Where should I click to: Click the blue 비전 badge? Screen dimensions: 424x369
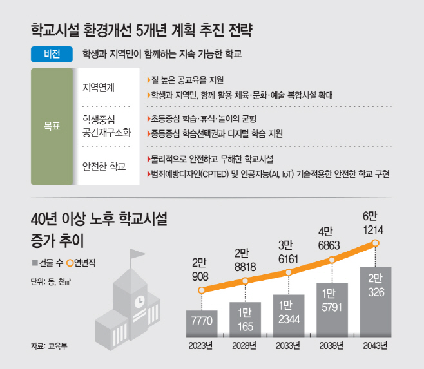[x=52, y=54]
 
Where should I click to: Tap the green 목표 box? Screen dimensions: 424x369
[x=52, y=126]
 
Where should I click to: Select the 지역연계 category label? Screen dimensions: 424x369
[x=99, y=88]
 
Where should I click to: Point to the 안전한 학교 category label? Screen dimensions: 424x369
[x=104, y=166]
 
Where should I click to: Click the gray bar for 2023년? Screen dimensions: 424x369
[x=202, y=323]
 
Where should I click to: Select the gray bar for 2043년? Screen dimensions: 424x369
[x=376, y=302]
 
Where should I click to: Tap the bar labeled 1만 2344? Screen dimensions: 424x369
[x=289, y=316]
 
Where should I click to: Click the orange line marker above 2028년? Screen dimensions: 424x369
[x=245, y=281]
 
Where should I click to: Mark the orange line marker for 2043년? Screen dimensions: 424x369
[x=375, y=243]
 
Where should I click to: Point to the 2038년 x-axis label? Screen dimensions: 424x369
[x=331, y=346]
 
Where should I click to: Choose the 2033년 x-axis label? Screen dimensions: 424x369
[x=288, y=346]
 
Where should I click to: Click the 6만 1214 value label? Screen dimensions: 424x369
[x=373, y=223]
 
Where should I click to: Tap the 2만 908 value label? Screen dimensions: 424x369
[x=200, y=270]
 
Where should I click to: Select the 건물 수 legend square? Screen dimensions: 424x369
[x=35, y=263]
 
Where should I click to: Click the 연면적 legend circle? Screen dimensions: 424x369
[x=70, y=263]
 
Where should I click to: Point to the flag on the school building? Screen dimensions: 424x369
[x=137, y=254]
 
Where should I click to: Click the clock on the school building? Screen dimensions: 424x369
[x=140, y=301]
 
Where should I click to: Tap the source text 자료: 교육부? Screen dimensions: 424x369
[x=49, y=346]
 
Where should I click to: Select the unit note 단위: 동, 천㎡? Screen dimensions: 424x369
[x=50, y=281]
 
